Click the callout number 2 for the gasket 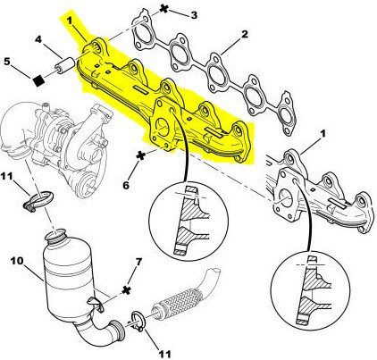coord(244,34)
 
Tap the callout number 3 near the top coord(194,15)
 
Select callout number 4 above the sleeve coord(38,39)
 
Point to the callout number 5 coord(7,62)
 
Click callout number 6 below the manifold coord(126,185)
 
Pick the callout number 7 coord(138,262)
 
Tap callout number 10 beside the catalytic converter coord(17,261)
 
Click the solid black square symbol coord(38,80)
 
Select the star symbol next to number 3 coord(163,8)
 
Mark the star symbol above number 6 coord(141,155)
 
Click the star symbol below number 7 coord(127,289)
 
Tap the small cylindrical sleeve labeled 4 coord(65,65)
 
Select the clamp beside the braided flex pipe coord(138,321)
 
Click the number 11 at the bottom coord(164,354)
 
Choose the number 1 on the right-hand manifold coord(323,134)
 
